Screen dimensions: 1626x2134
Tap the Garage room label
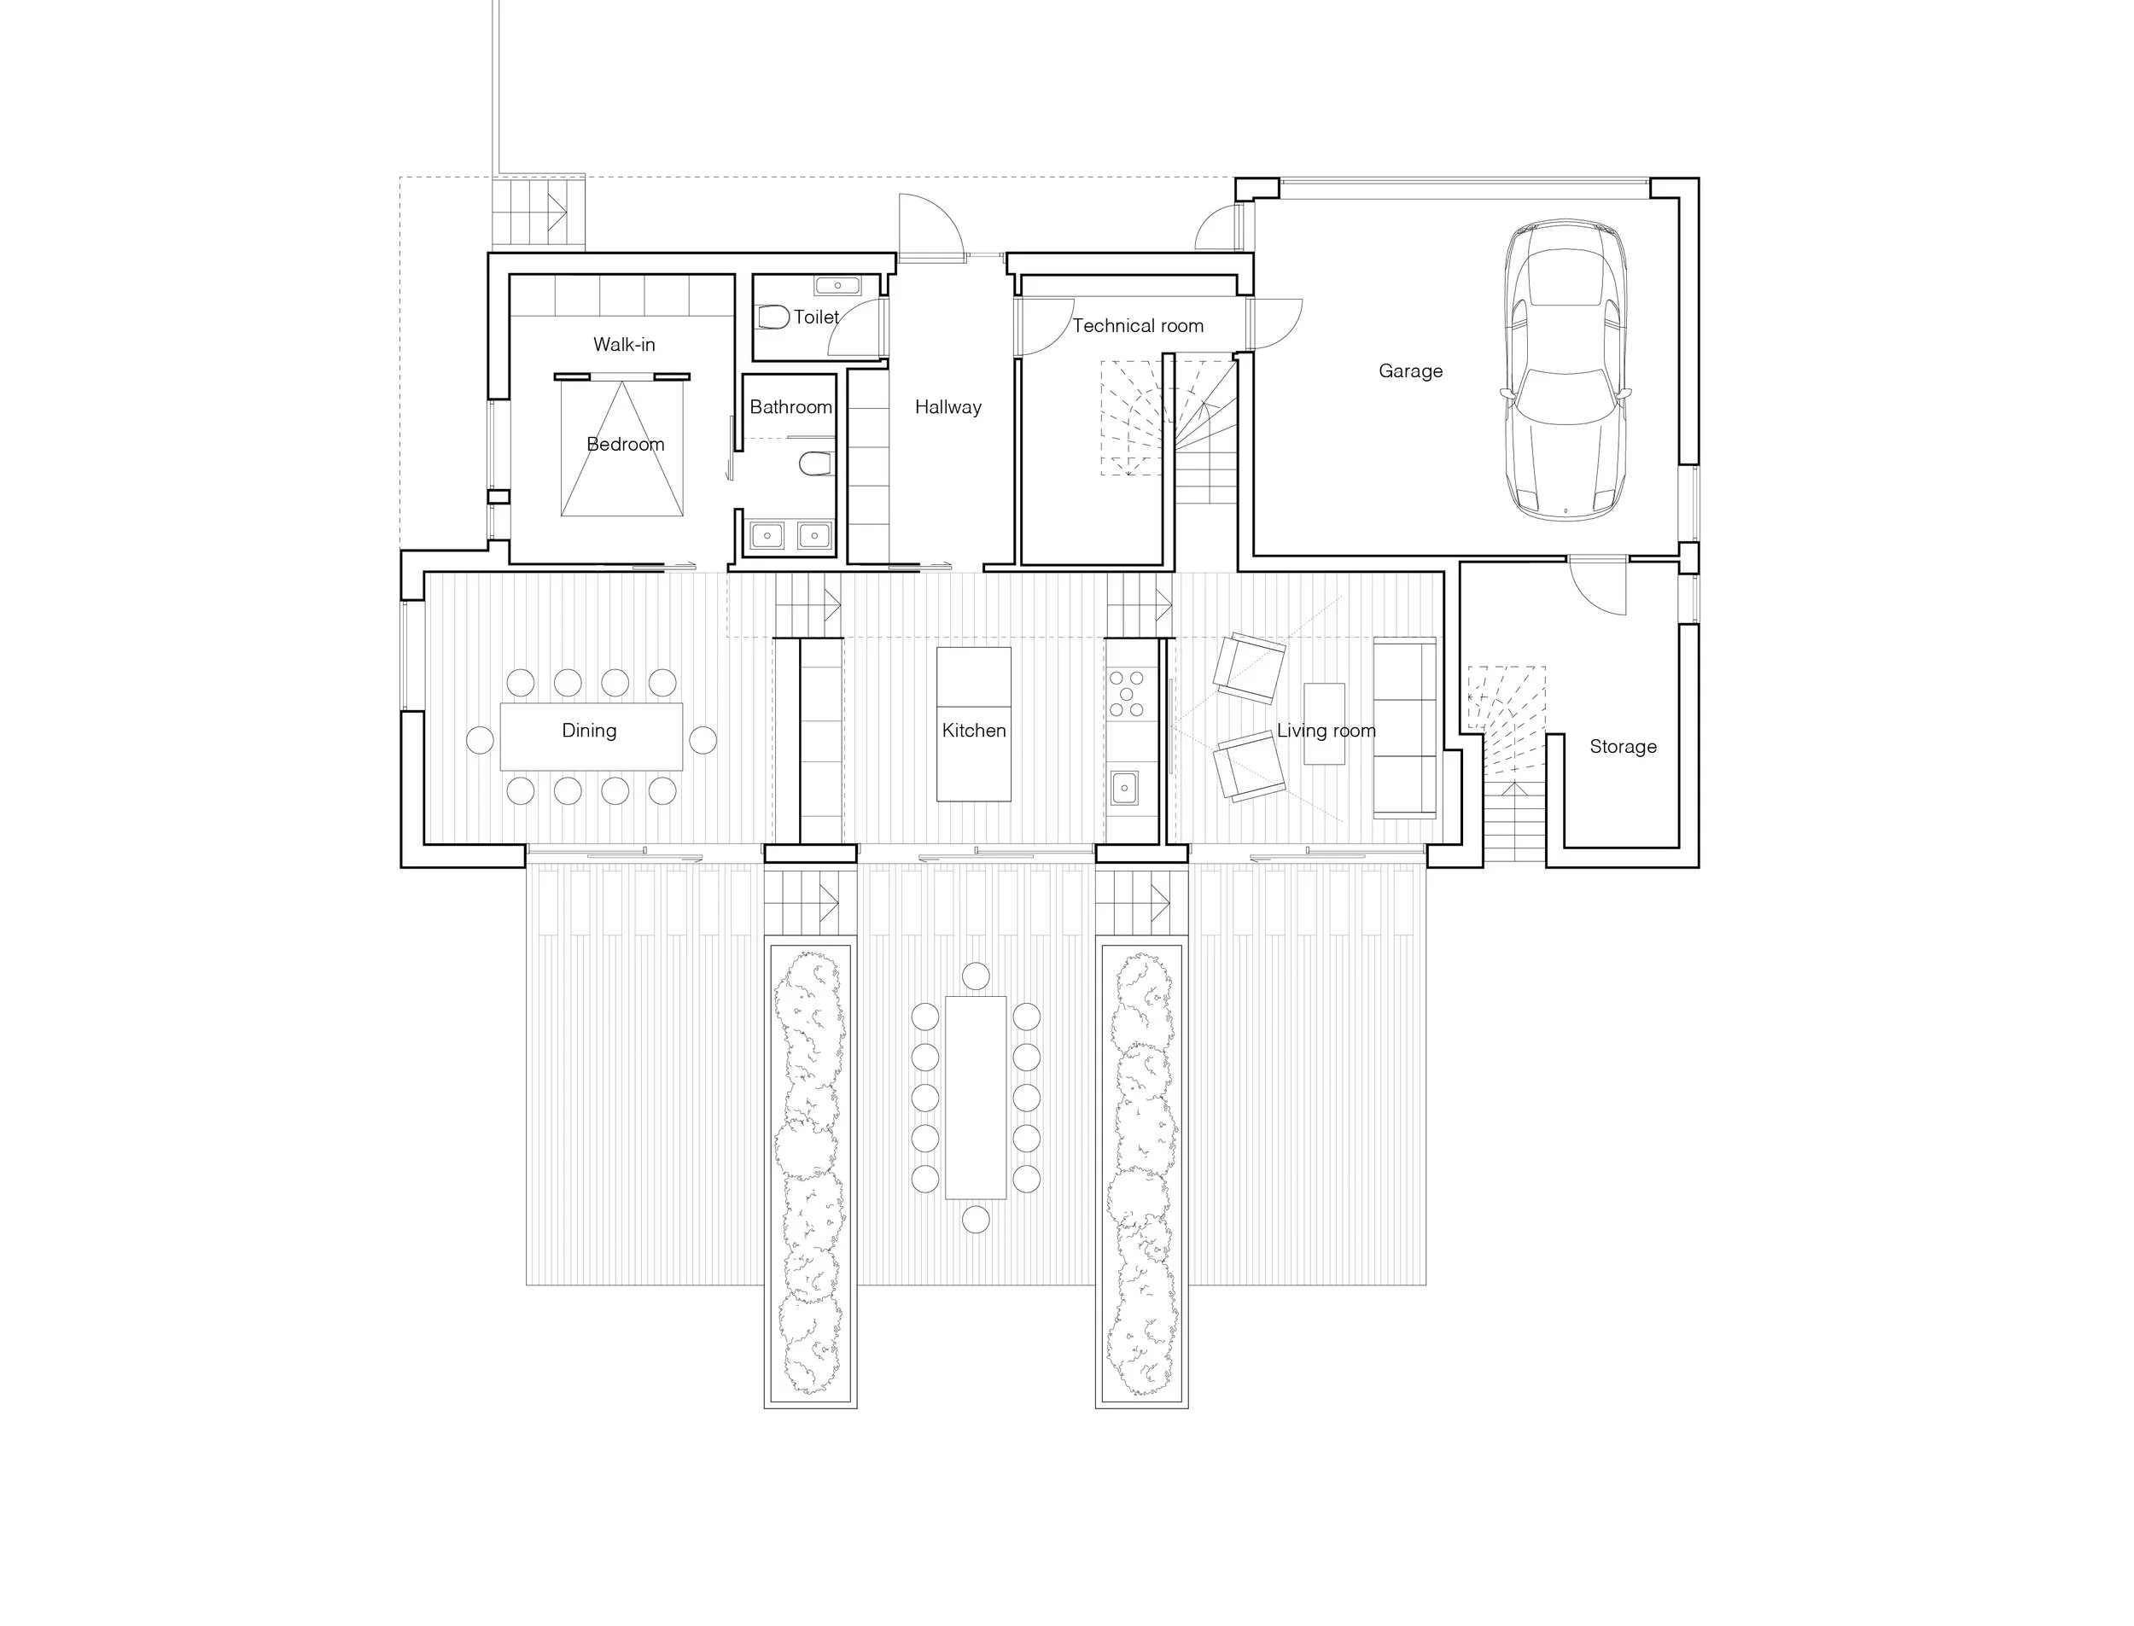pos(1410,370)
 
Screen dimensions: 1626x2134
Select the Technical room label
pos(1137,326)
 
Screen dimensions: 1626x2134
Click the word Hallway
pos(947,407)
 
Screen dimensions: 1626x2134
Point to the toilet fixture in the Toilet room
pos(773,317)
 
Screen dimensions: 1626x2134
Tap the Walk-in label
pos(623,345)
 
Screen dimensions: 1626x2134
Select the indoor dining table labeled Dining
pos(591,736)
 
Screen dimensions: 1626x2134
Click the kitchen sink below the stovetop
pos(1123,787)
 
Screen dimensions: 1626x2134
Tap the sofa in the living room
pos(1404,728)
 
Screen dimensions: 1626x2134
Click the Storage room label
pos(1622,746)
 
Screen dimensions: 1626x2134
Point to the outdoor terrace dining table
pos(976,1097)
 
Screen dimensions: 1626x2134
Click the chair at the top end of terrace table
pos(976,975)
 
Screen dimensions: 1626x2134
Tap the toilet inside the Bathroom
pos(815,464)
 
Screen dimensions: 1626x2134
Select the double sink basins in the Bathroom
pos(790,535)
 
